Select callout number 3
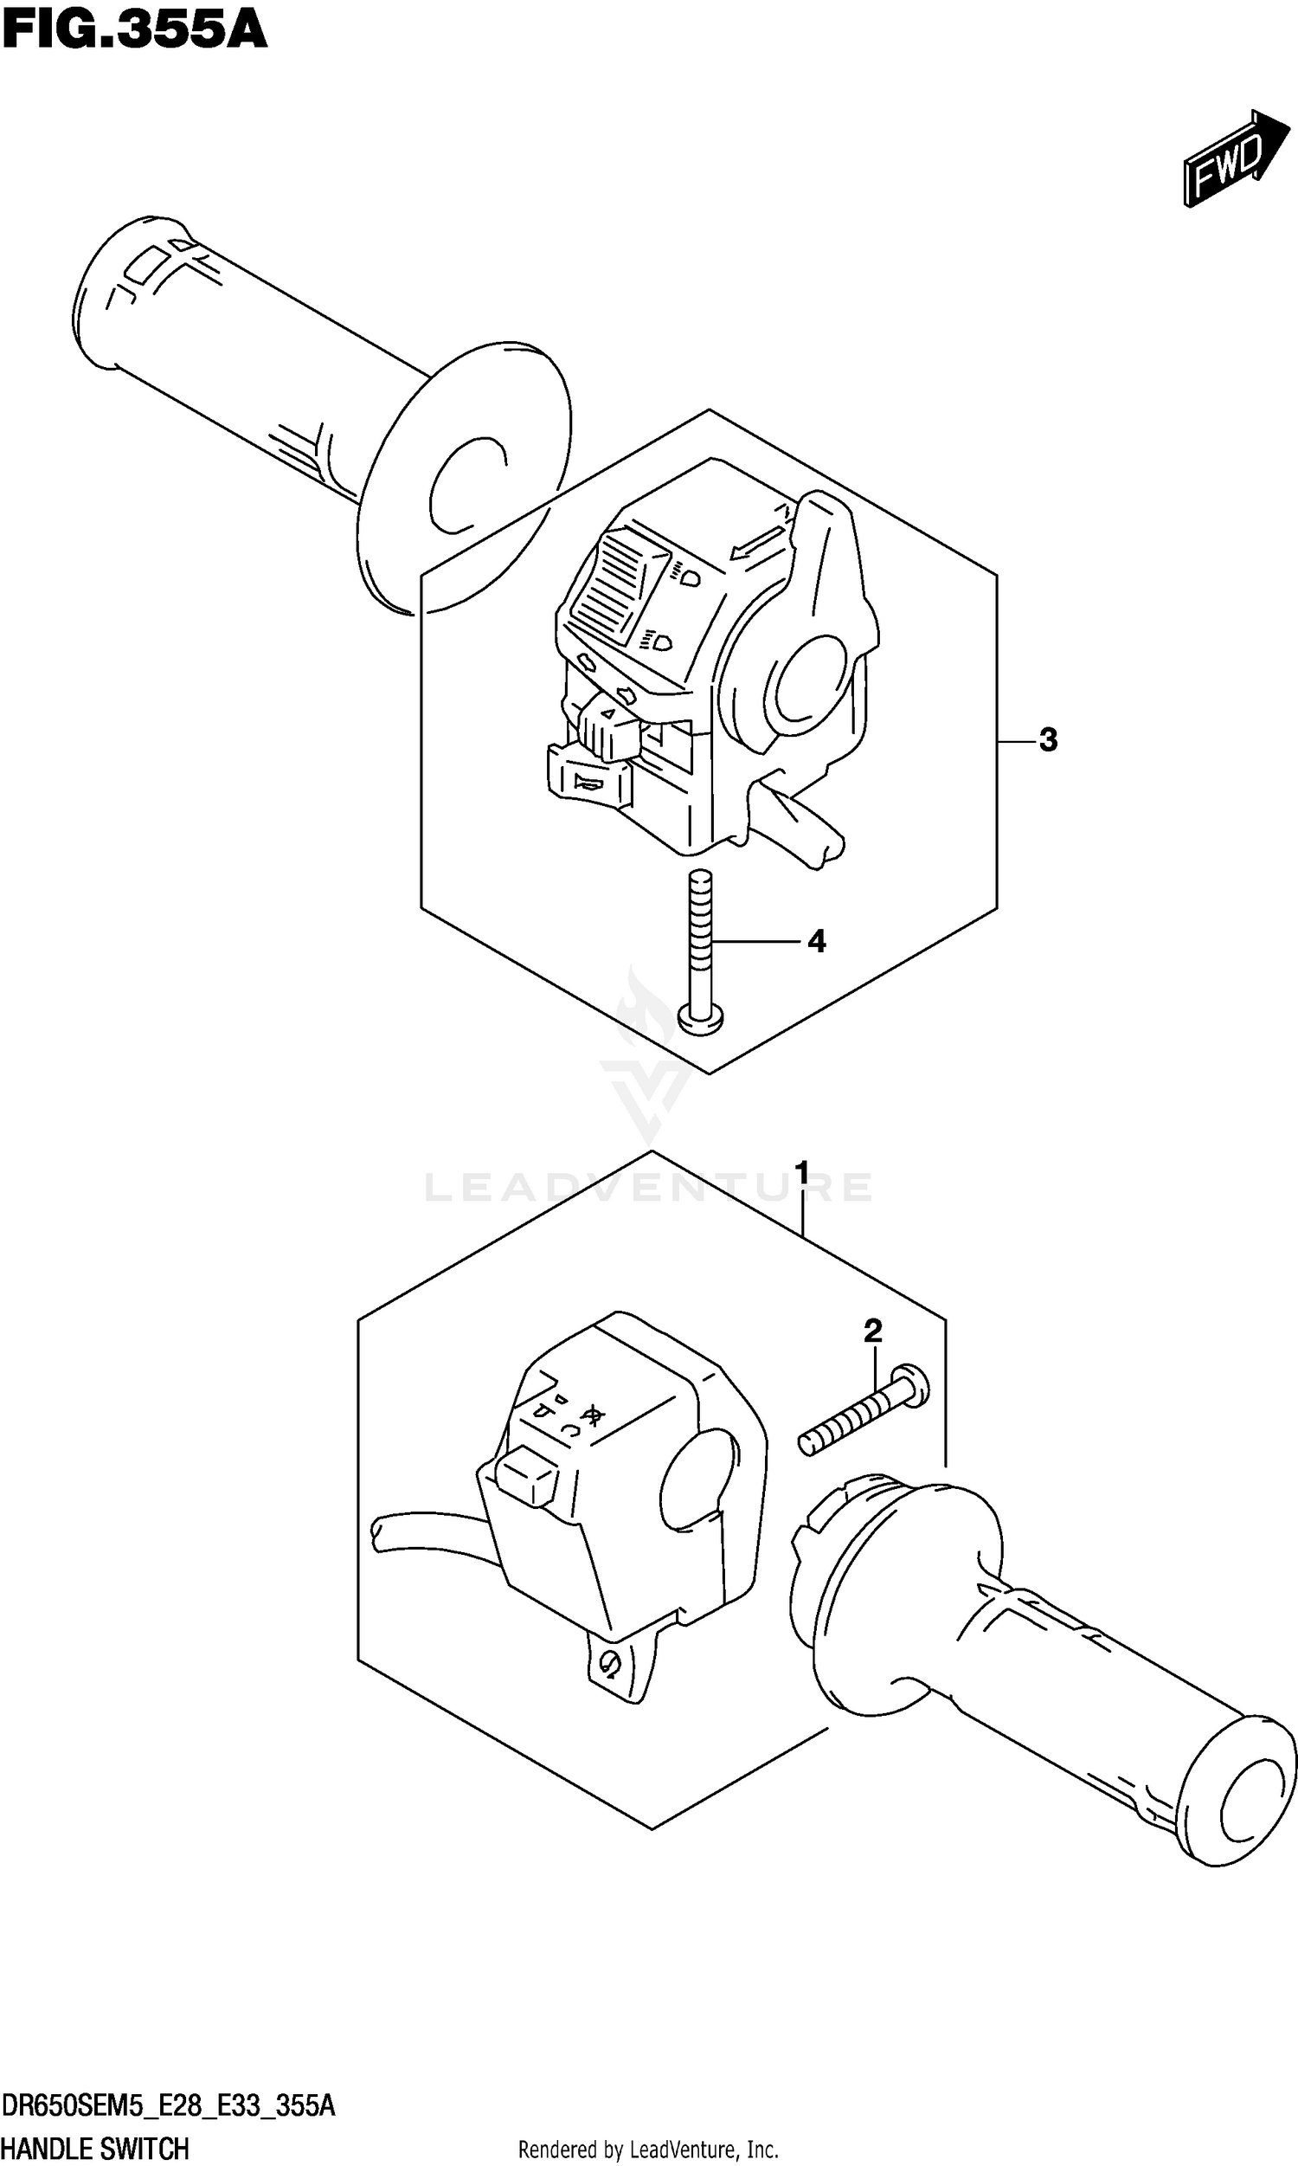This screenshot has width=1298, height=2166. [x=1048, y=740]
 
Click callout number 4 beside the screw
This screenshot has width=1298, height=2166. [x=815, y=941]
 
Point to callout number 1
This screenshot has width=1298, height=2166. [x=801, y=1172]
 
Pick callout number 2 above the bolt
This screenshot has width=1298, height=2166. [x=872, y=1331]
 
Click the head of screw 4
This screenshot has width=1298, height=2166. [x=701, y=1018]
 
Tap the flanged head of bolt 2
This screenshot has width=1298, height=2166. [x=913, y=1388]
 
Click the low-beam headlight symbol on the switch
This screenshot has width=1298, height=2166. [x=659, y=643]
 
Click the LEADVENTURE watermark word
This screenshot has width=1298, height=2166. [x=647, y=1188]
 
